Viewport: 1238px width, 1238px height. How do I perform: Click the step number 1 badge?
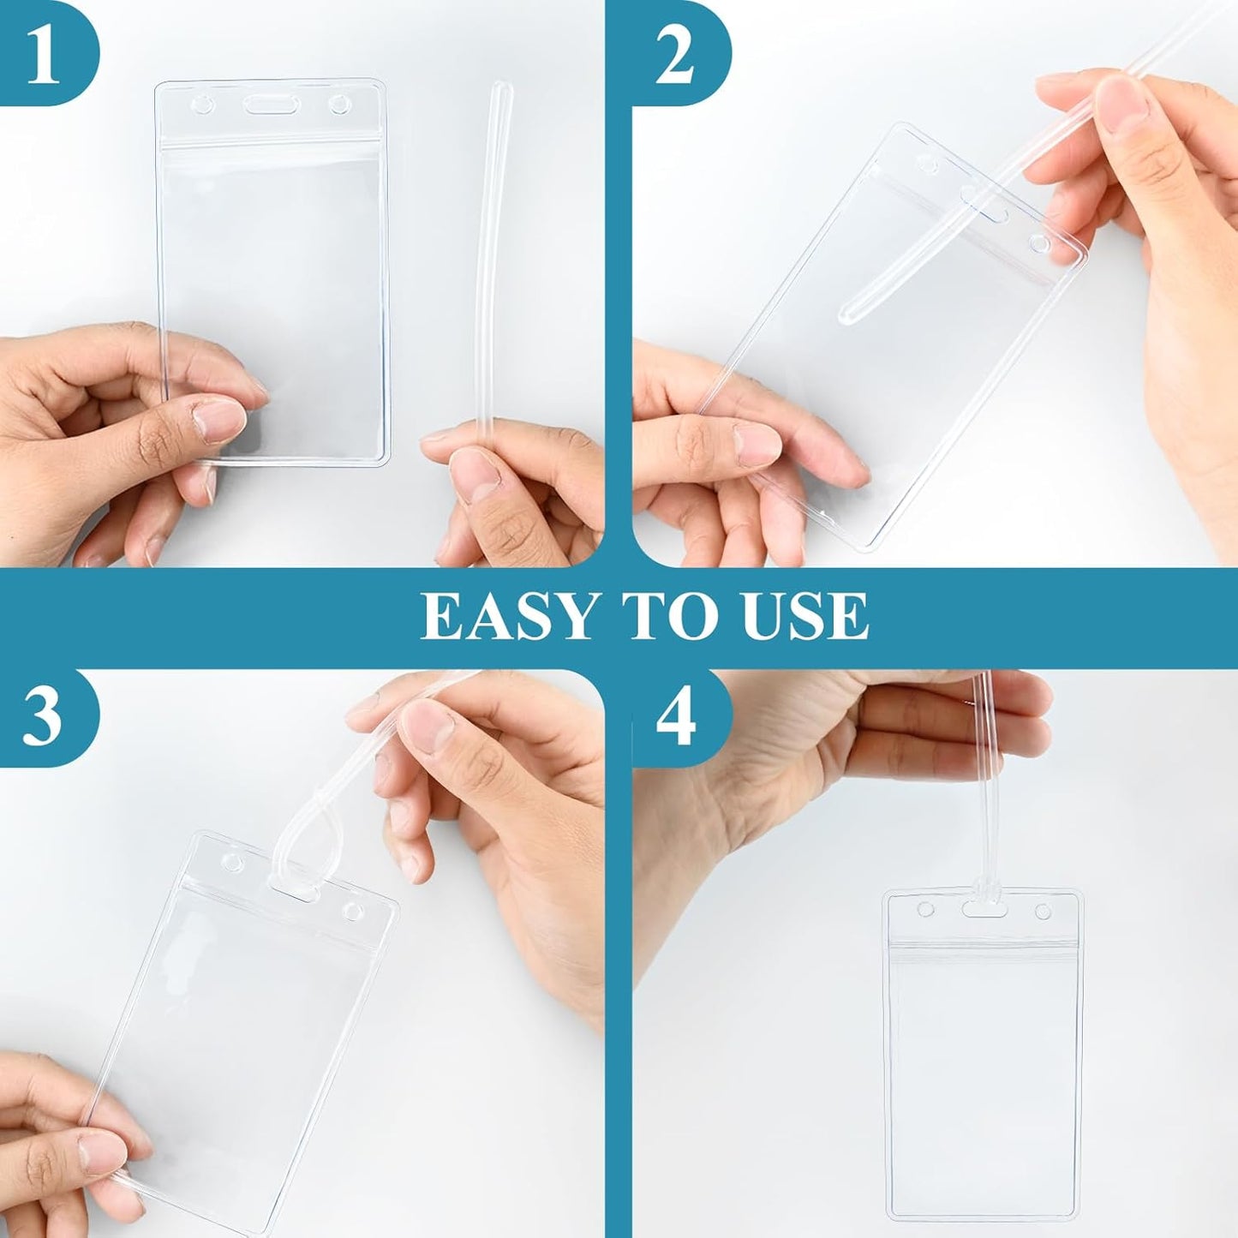[43, 53]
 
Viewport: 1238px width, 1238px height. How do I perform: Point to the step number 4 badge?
[675, 718]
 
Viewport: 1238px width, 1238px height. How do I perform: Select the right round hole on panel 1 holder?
[340, 105]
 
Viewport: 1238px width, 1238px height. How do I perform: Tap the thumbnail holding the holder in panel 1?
[218, 421]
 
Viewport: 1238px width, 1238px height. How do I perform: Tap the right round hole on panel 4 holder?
[1043, 910]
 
